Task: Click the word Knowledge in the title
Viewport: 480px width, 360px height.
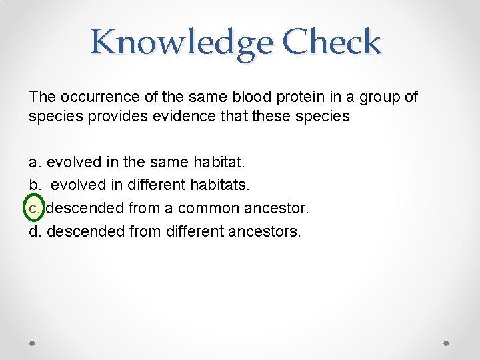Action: pyautogui.click(x=181, y=43)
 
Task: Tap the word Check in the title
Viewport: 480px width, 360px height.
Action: pyautogui.click(x=331, y=43)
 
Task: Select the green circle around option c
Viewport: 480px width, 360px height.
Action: pyautogui.click(x=35, y=208)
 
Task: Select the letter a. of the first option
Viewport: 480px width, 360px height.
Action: pyautogui.click(x=35, y=162)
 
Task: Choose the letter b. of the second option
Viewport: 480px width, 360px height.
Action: pyautogui.click(x=35, y=185)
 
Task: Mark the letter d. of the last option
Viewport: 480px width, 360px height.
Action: pyautogui.click(x=35, y=231)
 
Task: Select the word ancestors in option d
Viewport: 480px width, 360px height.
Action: pyautogui.click(x=266, y=231)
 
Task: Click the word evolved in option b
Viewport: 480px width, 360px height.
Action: pyautogui.click(x=74, y=185)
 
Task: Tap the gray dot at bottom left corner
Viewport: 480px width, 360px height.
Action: pyautogui.click(x=33, y=343)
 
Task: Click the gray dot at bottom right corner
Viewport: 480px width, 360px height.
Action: pyautogui.click(x=447, y=343)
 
